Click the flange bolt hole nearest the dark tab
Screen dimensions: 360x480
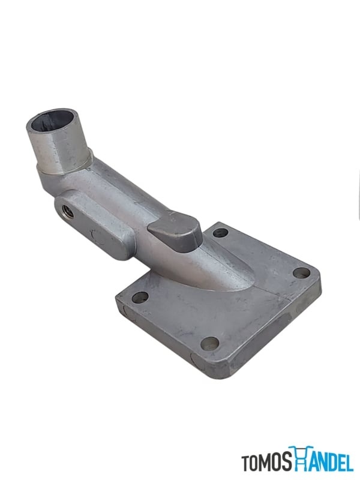pyautogui.click(x=221, y=233)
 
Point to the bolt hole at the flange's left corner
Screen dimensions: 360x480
pyautogui.click(x=140, y=297)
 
